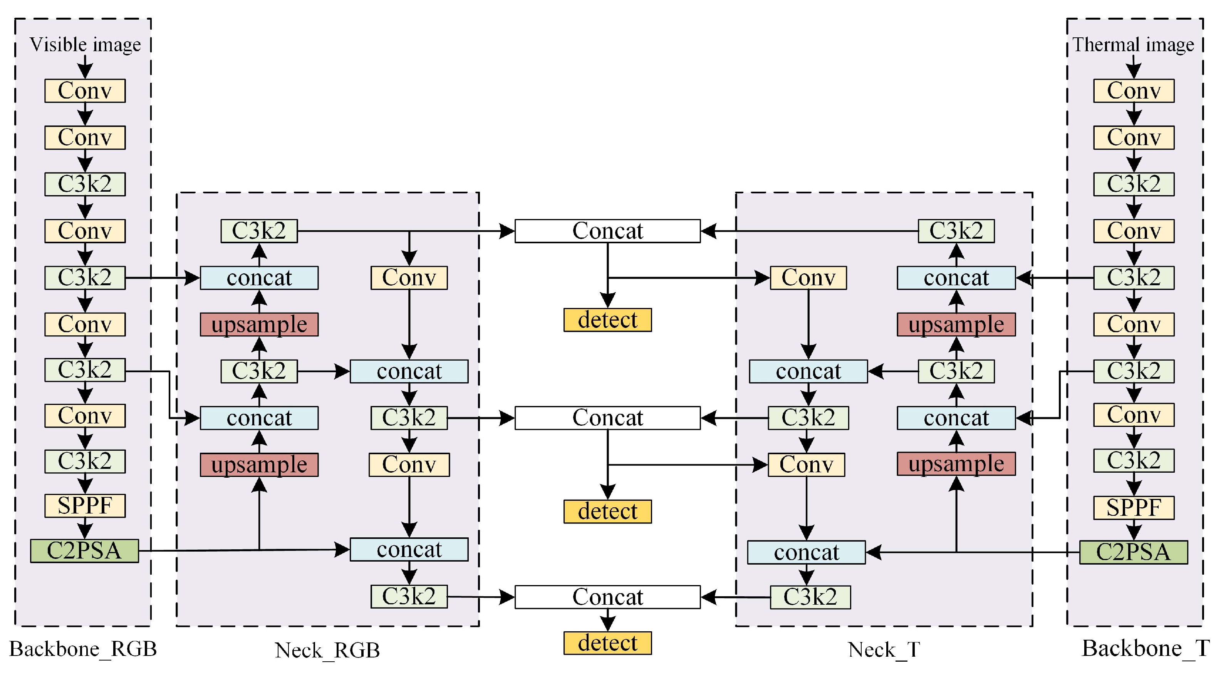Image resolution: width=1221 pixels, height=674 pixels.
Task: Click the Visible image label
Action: coord(86,45)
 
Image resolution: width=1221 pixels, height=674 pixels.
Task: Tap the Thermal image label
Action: coord(1133,45)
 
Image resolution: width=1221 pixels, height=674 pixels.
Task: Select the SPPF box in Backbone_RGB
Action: coord(85,505)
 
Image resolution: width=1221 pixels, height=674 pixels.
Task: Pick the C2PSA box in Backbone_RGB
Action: coord(84,551)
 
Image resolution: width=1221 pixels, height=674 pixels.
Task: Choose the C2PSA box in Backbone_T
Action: coord(1133,552)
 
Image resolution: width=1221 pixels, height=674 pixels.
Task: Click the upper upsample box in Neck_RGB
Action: coord(259,324)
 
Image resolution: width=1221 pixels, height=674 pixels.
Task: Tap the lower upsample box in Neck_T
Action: coord(956,464)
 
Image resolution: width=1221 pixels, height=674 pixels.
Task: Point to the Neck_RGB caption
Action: coord(327,650)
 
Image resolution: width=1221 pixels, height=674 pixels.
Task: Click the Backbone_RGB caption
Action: coord(83,649)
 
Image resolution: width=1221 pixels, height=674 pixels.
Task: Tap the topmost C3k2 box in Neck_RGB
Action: coord(259,231)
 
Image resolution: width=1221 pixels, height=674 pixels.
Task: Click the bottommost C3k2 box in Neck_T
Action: coord(810,597)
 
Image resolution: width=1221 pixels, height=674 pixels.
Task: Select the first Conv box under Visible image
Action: coord(85,90)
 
